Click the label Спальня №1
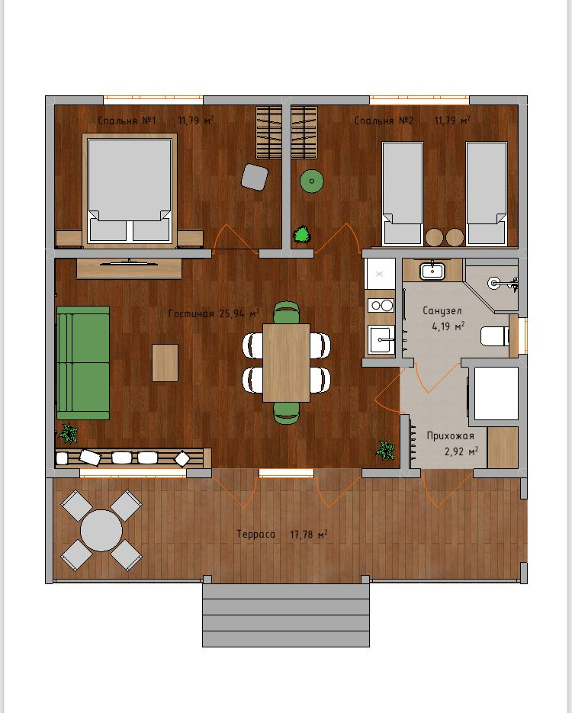(127, 120)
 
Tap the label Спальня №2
(384, 120)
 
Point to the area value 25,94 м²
(239, 313)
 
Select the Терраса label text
(255, 535)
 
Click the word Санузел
(442, 311)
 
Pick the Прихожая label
(450, 435)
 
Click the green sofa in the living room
(83, 362)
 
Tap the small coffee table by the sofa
(165, 362)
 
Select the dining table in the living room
(287, 362)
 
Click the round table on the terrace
(101, 530)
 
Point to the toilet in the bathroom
(495, 336)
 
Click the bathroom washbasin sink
(432, 271)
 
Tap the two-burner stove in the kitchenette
(381, 305)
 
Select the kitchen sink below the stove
(381, 339)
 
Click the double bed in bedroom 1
(130, 190)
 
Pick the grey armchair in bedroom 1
(254, 177)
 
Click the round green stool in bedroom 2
(311, 181)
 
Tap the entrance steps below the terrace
(285, 615)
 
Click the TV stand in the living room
(130, 268)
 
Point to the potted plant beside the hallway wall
(385, 450)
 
